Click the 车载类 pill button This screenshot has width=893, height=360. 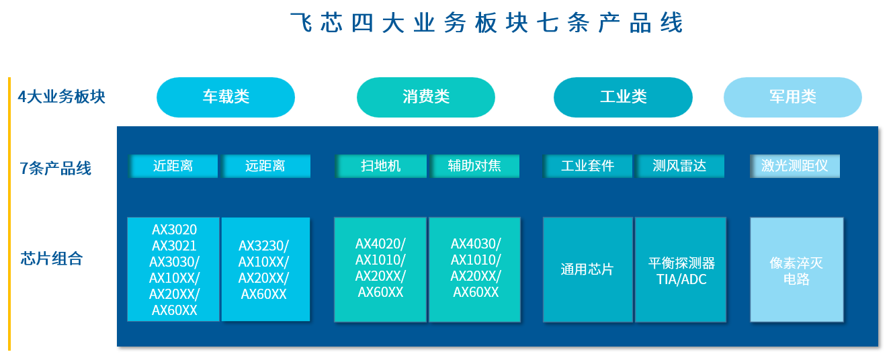226,97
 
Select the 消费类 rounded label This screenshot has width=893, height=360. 426,97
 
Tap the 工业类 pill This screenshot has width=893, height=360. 623,97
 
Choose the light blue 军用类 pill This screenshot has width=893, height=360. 793,97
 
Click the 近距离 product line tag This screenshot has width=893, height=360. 173,166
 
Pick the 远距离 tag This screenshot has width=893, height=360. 266,166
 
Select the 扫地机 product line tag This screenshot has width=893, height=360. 381,166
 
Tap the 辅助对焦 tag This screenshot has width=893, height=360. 474,166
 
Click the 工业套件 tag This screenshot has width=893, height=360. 588,166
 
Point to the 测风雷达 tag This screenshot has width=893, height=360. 680,166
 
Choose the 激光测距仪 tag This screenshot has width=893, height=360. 795,166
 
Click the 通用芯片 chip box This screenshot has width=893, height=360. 588,269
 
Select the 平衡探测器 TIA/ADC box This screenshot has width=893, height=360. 681,269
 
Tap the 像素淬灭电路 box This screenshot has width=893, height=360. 797,269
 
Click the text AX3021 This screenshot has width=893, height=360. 174,246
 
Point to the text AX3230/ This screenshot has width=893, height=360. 263,246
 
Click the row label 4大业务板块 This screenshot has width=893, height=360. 61,97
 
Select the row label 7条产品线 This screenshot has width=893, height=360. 55,168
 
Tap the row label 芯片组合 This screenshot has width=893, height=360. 52,259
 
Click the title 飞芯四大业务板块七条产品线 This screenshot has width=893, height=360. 486,22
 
